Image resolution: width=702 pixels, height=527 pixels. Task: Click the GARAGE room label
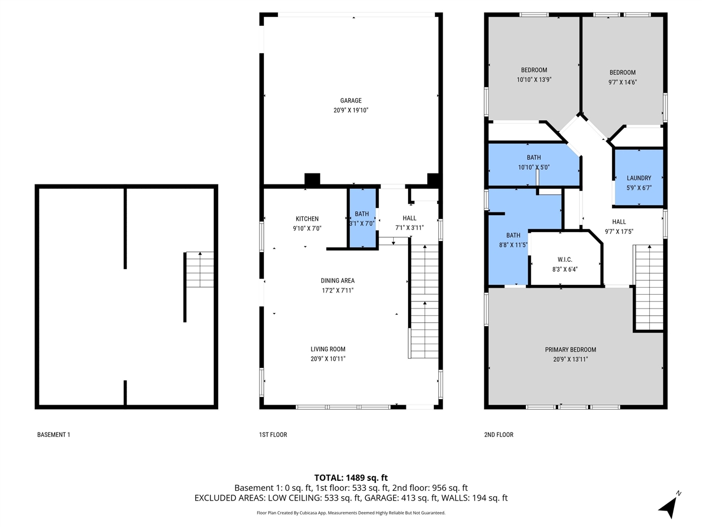(x=350, y=100)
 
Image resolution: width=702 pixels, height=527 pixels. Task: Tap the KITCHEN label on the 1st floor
(x=307, y=218)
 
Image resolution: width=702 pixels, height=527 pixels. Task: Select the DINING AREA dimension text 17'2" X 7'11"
(x=337, y=290)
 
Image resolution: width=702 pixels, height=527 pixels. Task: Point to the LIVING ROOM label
(x=328, y=349)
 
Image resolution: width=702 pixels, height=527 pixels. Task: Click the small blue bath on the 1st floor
(x=362, y=218)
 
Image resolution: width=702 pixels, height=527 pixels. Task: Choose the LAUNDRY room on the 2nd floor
(x=639, y=178)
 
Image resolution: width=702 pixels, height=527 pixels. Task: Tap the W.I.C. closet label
(x=565, y=260)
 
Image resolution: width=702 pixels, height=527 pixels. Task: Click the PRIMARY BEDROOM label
(x=570, y=350)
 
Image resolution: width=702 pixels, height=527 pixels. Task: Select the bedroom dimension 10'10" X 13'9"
(x=534, y=80)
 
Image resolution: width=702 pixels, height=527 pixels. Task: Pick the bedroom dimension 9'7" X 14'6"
(x=622, y=82)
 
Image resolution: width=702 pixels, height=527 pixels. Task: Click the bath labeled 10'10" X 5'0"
(x=534, y=167)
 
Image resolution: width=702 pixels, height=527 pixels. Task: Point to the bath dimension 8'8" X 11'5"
(x=513, y=245)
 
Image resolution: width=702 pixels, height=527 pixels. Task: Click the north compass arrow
(x=669, y=506)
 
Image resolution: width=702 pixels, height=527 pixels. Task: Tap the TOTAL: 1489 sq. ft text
(x=351, y=478)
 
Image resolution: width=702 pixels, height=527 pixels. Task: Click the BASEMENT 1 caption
(x=54, y=435)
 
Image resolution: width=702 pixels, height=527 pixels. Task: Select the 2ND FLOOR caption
(x=499, y=435)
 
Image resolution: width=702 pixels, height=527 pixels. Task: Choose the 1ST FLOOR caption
(x=273, y=435)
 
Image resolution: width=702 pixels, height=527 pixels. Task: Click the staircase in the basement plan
(x=200, y=270)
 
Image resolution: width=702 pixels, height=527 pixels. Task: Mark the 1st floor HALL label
(x=409, y=218)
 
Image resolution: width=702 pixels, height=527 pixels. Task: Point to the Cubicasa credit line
(x=351, y=513)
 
